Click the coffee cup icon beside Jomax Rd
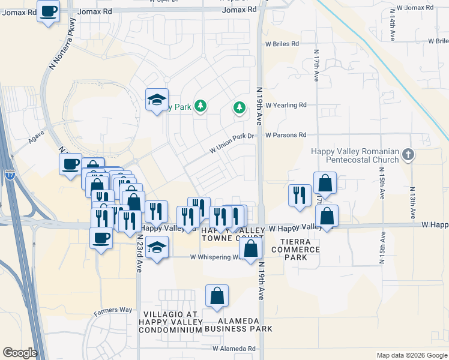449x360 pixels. [x=49, y=11]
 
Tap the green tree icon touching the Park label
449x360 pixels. [x=200, y=107]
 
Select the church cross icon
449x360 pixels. [x=408, y=155]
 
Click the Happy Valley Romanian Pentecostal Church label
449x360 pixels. [x=354, y=155]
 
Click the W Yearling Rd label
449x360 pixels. [x=286, y=105]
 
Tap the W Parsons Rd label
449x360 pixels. [x=286, y=135]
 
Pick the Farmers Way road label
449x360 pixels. [x=113, y=310]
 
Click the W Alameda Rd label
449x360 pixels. [x=234, y=349]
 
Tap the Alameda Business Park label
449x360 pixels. [x=238, y=324]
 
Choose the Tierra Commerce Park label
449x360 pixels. [x=300, y=249]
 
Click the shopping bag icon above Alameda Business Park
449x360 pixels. [x=217, y=295]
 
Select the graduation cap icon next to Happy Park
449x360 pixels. [x=157, y=100]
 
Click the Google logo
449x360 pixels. [x=20, y=353]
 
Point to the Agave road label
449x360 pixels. [x=36, y=142]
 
